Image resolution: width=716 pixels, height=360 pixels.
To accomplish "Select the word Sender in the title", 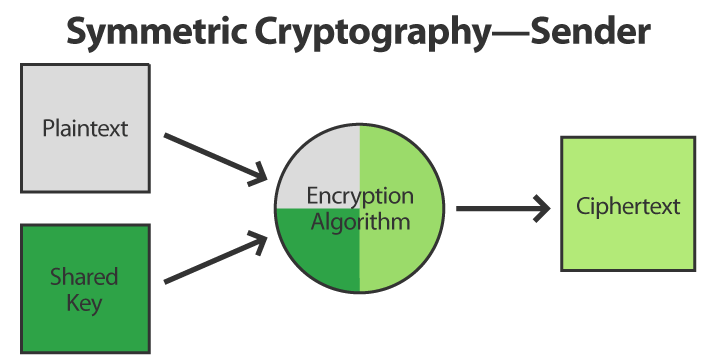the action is click(x=591, y=32).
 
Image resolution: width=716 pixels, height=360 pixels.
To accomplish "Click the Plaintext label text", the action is click(x=85, y=129).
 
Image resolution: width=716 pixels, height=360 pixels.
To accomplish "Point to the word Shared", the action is click(x=84, y=276).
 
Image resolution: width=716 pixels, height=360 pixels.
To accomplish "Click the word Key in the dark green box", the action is click(x=84, y=302).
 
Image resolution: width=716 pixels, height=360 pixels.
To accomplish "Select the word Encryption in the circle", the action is click(x=359, y=195).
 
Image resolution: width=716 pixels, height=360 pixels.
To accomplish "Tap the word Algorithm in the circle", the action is click(x=359, y=221).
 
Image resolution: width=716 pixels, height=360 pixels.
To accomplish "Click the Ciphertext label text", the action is click(x=628, y=207).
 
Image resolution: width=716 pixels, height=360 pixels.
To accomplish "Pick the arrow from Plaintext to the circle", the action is click(x=216, y=157).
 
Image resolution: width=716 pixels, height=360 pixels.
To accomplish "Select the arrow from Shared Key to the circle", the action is click(x=216, y=259).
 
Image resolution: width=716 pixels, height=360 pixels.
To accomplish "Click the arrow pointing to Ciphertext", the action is click(x=500, y=209).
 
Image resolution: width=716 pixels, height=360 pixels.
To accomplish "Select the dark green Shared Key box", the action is click(x=84, y=330).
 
